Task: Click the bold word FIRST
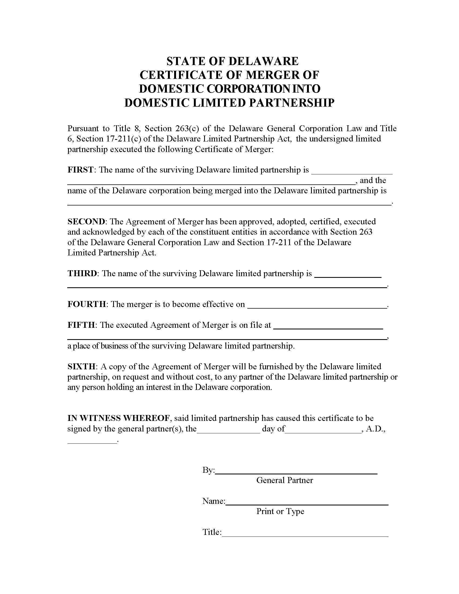point(80,170)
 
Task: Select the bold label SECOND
point(86,221)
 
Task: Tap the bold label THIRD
point(82,273)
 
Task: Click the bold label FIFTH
point(81,325)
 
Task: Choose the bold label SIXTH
point(81,367)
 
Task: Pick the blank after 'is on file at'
point(328,326)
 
